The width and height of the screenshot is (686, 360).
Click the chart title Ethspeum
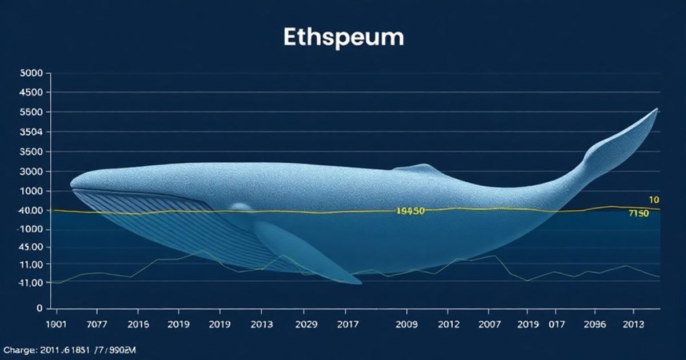point(344,37)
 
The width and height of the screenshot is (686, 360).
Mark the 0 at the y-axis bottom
point(39,308)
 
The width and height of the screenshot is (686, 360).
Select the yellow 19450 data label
point(410,211)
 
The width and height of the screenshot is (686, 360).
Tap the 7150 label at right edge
point(639,214)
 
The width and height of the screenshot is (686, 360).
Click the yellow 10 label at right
point(655,200)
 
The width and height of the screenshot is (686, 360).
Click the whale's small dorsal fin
point(417,168)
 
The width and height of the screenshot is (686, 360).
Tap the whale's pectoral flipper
point(303,251)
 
